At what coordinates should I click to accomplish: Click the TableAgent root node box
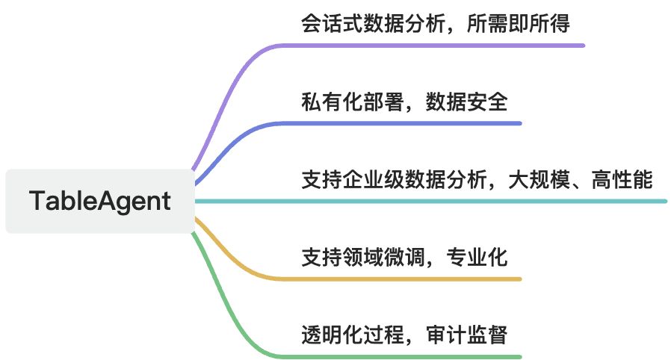(x=99, y=201)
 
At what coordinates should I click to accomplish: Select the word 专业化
(x=477, y=258)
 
